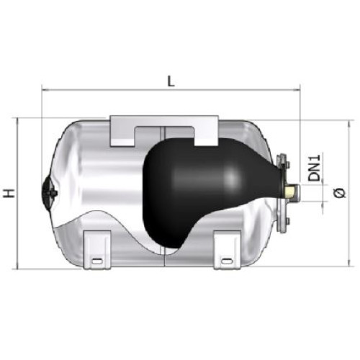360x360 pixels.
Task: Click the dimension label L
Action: (171, 81)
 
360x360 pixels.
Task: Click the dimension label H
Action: (9, 194)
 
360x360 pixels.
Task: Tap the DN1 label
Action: (314, 168)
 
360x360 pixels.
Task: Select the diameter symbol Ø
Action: (340, 194)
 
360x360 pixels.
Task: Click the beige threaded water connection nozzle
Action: (292, 192)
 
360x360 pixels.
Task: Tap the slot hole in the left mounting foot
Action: (97, 261)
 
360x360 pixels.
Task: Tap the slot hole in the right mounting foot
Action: (227, 261)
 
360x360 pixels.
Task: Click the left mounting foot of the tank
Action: (97, 250)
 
